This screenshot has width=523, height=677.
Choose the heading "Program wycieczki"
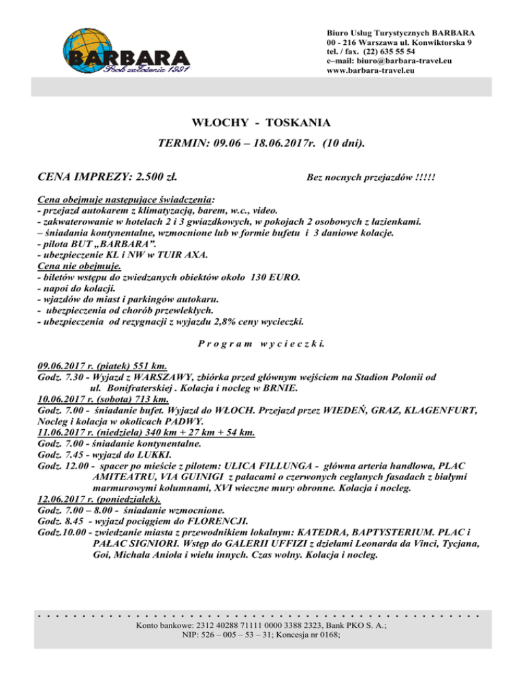point(261,343)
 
